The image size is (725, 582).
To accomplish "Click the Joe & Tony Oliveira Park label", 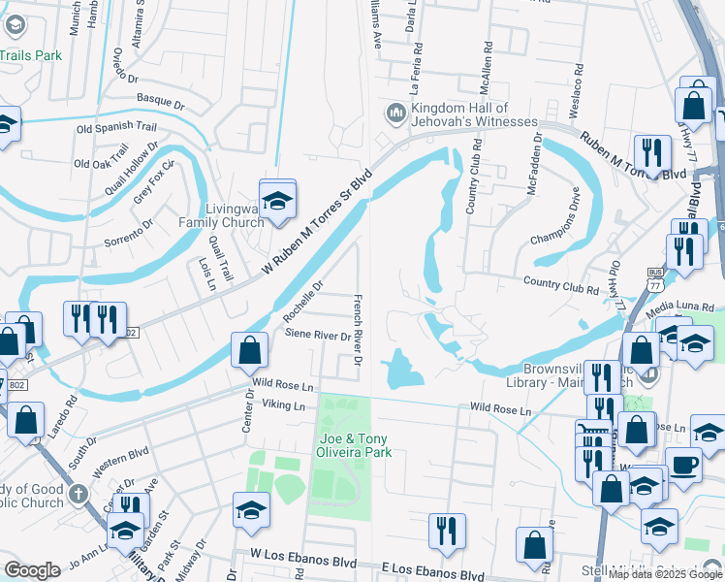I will [354, 445].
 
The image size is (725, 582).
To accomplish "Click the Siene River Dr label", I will [318, 336].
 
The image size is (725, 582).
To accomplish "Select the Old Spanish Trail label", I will [116, 127].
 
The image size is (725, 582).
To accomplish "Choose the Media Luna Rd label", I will [686, 304].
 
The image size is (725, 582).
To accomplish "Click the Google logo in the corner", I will [32, 570].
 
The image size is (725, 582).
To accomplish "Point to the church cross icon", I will [79, 496].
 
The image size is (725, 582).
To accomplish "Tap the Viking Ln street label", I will [283, 404].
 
